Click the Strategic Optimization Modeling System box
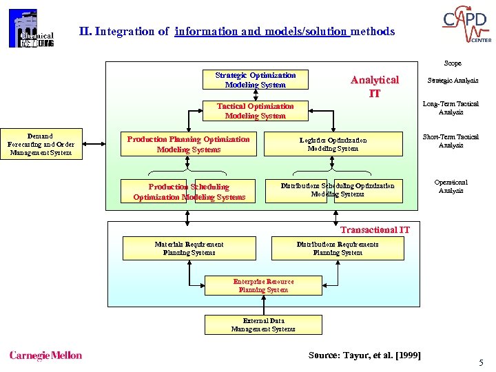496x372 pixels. tap(255, 80)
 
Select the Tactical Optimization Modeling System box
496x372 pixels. tap(255, 111)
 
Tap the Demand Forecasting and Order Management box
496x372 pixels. tap(41, 144)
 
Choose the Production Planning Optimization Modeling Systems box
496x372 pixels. tap(188, 144)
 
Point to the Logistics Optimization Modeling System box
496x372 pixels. tap(333, 144)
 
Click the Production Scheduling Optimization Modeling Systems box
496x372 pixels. tap(189, 192)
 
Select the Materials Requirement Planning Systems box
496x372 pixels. tap(189, 248)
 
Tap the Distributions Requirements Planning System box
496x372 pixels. tap(337, 248)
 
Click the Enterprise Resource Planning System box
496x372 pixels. tap(263, 286)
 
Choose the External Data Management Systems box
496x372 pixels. tap(263, 324)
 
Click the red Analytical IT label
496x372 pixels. tap(374, 86)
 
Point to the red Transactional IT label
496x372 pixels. tap(375, 229)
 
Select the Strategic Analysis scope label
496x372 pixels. tap(453, 81)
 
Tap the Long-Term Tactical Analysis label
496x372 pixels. tap(451, 108)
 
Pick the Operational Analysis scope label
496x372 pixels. tap(451, 187)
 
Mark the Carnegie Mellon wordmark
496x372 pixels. tap(45, 355)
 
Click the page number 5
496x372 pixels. tap(481, 362)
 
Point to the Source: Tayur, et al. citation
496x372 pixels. tap(364, 355)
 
